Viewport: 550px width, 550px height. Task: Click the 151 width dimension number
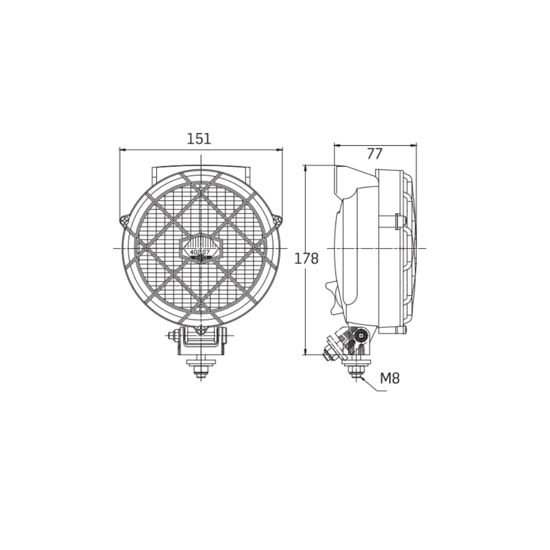click(199, 139)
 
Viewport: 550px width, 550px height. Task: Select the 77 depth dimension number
click(375, 154)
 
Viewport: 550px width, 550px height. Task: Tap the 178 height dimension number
click(306, 258)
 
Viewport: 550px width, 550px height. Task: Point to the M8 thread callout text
click(390, 378)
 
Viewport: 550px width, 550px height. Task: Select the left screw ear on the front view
click(125, 221)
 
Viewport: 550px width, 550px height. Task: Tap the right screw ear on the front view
click(278, 221)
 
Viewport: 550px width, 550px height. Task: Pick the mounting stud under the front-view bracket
click(201, 369)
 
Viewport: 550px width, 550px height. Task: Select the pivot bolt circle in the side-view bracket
click(362, 334)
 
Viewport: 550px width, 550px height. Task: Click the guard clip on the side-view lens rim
click(400, 221)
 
